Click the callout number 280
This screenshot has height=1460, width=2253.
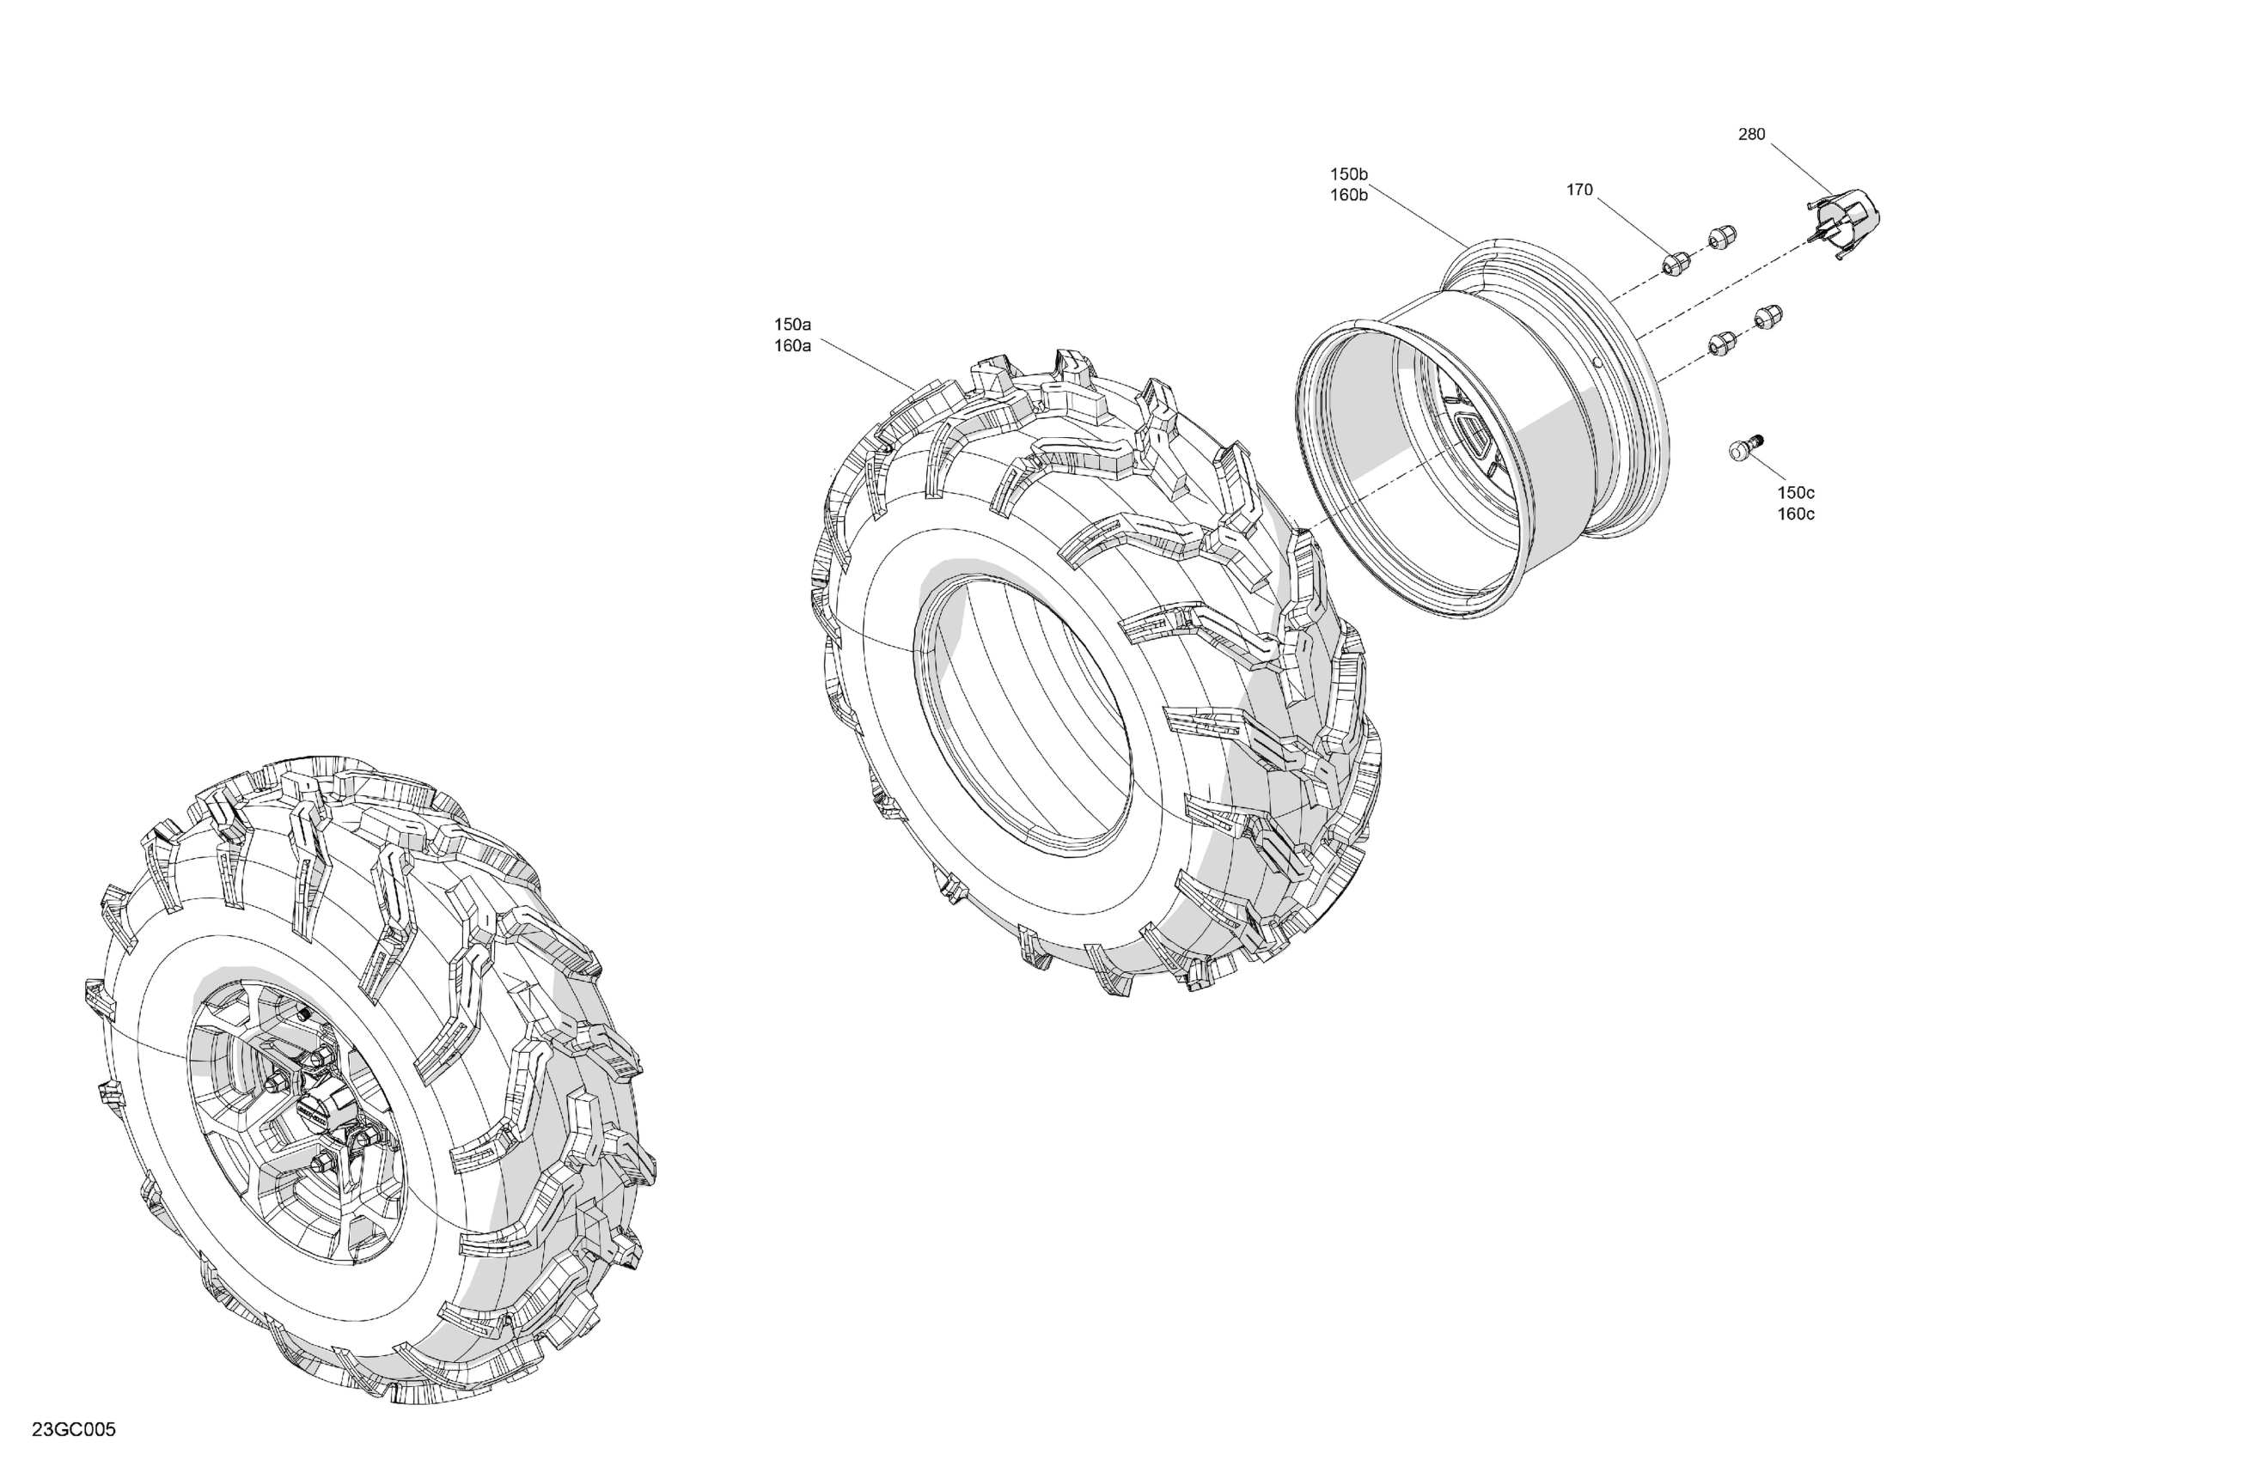click(x=1751, y=134)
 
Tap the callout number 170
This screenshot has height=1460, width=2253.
click(x=1579, y=190)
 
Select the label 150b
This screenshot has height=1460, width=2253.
click(x=1349, y=174)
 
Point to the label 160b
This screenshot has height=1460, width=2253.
click(x=1349, y=196)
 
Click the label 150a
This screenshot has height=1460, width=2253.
click(x=792, y=325)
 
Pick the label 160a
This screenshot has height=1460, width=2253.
click(x=792, y=346)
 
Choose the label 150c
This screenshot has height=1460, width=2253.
click(x=1796, y=493)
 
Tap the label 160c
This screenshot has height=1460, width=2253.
click(x=1796, y=514)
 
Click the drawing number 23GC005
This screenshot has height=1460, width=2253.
click(x=74, y=1430)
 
